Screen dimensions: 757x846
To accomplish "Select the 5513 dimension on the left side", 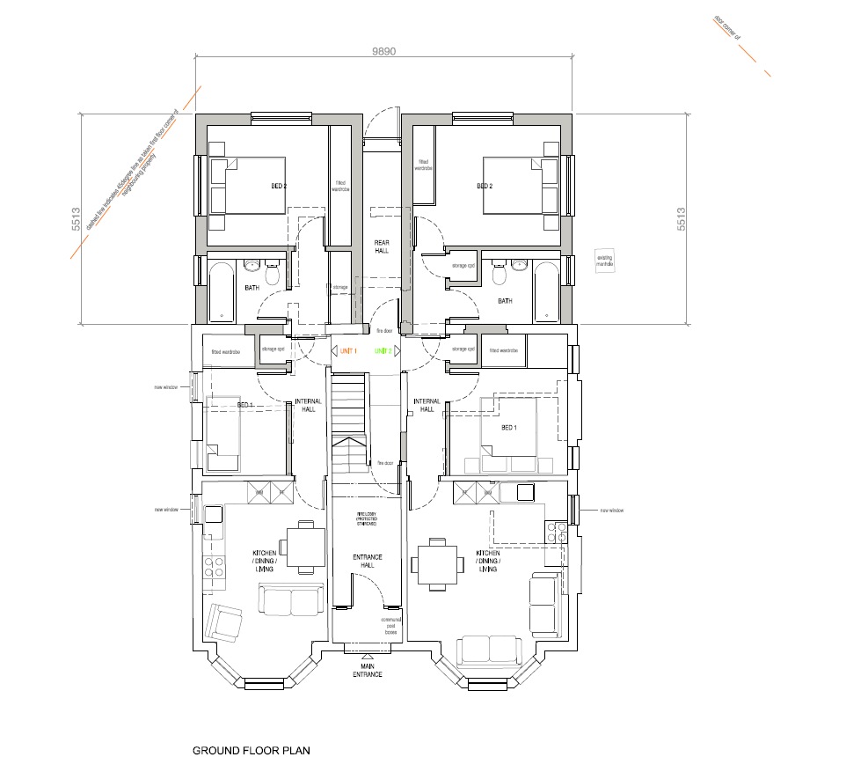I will pos(77,220).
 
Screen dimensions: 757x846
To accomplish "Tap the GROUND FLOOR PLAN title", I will pos(251,751).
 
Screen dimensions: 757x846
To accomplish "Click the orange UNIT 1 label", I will pos(348,351).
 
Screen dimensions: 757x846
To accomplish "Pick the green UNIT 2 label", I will pos(383,351).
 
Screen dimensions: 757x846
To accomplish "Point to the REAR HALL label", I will pos(382,246).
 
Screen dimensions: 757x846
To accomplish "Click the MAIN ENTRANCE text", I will pos(367,671).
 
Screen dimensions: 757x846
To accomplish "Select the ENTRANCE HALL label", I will pos(367,561).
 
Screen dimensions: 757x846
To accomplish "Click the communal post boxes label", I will pos(392,626).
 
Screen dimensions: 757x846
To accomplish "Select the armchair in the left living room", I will pos(225,624).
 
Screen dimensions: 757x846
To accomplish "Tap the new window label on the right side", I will pos(612,511).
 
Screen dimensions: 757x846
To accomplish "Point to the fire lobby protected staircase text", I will pos(367,519).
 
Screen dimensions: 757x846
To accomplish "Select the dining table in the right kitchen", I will pos(437,565).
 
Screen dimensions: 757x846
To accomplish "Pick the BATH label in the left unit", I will pos(252,288).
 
